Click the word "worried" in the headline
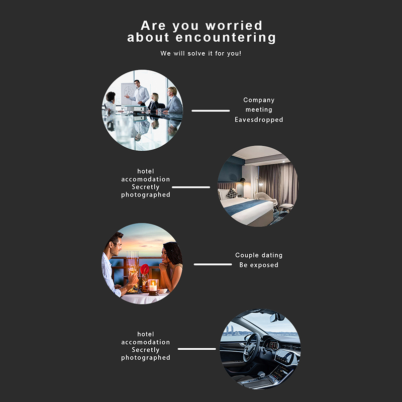click(234, 26)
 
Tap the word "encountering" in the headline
click(226, 38)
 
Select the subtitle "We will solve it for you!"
click(200, 53)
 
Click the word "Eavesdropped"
click(259, 120)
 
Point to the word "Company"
click(259, 100)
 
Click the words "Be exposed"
click(259, 265)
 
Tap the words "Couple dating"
click(259, 255)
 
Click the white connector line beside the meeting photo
click(211, 111)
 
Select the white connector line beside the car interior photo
click(197, 349)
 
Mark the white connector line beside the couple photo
click(213, 264)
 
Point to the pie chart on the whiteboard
click(128, 91)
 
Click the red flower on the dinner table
click(145, 269)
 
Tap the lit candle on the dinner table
click(153, 286)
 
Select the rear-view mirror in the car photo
click(277, 317)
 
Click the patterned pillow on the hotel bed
click(232, 193)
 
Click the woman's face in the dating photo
click(166, 255)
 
